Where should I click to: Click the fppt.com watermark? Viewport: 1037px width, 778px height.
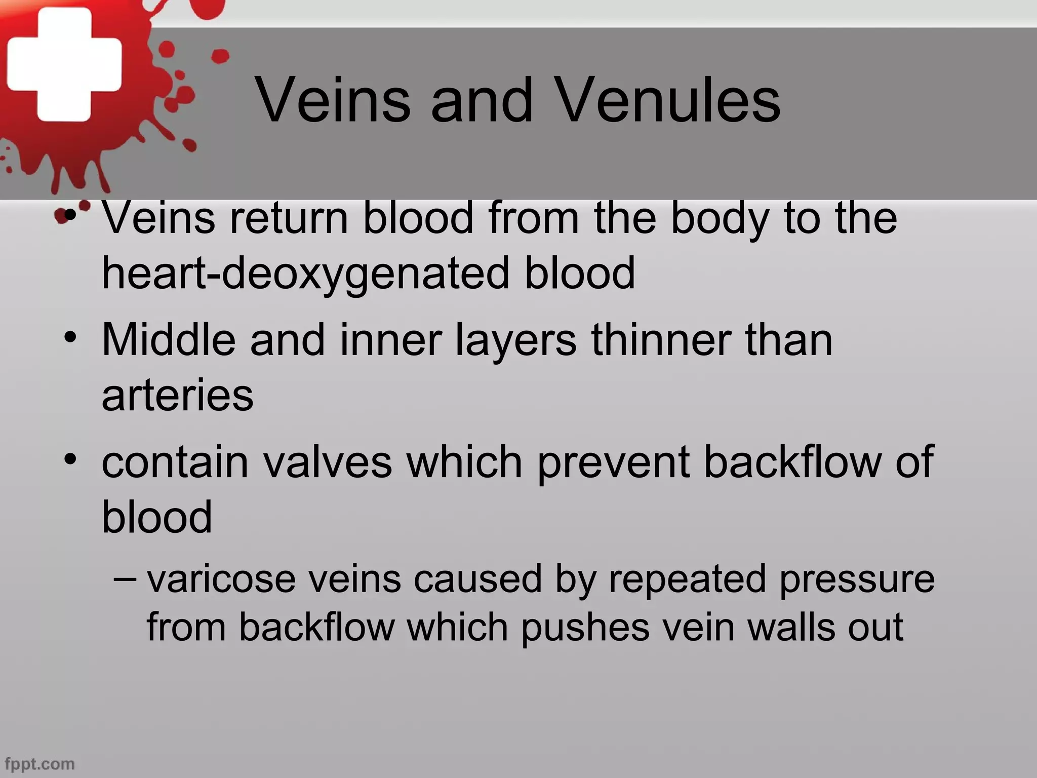tap(39, 763)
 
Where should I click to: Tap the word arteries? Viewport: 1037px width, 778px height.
tap(177, 396)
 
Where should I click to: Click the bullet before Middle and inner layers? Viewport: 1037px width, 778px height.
tap(70, 337)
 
